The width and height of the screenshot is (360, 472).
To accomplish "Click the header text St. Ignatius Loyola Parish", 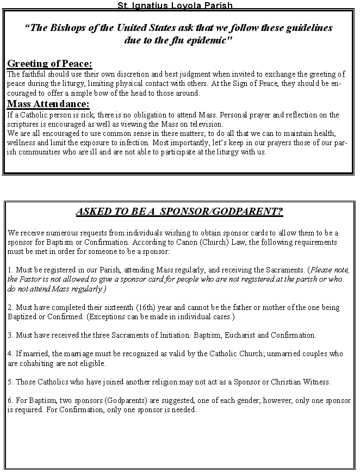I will (x=175, y=5).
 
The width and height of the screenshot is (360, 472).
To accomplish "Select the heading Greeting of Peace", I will (x=49, y=64).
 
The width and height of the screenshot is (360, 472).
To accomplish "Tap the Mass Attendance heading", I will (x=48, y=104).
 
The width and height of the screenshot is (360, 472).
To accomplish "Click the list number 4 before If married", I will (x=10, y=354).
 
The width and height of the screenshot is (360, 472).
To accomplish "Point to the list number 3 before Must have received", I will (x=10, y=335).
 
